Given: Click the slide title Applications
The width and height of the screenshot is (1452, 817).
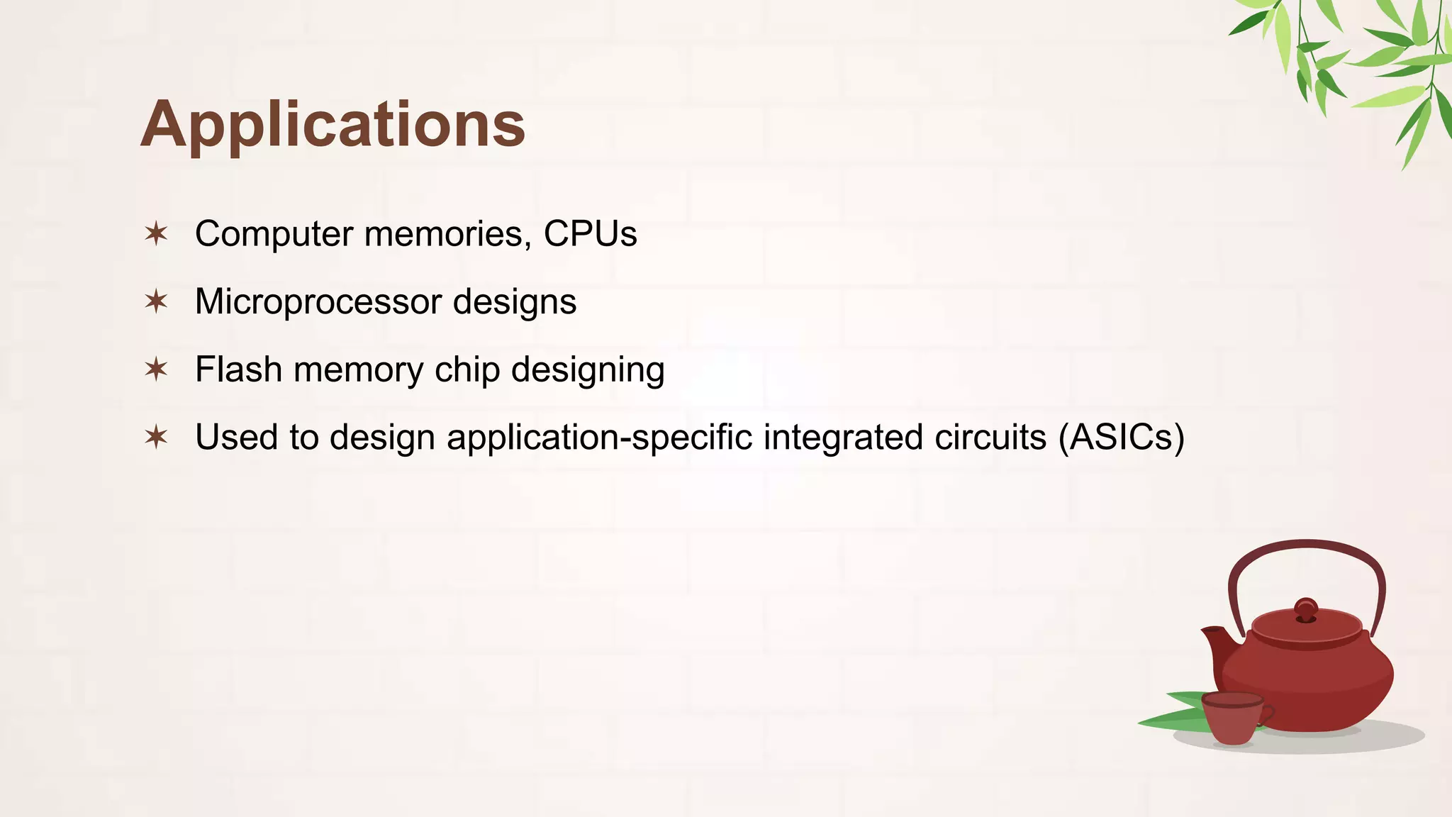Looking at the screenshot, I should click(333, 124).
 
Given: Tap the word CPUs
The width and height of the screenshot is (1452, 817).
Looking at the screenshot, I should click(590, 234).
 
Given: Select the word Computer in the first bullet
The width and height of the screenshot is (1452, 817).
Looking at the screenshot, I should click(274, 234).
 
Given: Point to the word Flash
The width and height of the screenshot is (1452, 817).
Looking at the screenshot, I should click(238, 369).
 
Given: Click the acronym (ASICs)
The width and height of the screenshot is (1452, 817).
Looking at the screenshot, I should click(1121, 437).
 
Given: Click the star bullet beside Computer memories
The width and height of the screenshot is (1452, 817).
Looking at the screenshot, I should click(156, 233).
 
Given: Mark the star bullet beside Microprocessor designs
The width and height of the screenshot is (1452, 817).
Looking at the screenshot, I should click(156, 301).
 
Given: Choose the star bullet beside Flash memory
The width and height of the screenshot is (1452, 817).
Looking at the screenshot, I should click(156, 369).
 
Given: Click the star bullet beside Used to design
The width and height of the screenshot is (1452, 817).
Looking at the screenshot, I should click(156, 437).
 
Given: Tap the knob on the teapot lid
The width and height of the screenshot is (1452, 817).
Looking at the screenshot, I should click(1306, 609).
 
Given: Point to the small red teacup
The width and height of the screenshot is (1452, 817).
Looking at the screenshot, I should click(1234, 718).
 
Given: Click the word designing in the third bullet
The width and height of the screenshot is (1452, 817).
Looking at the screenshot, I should click(588, 369).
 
